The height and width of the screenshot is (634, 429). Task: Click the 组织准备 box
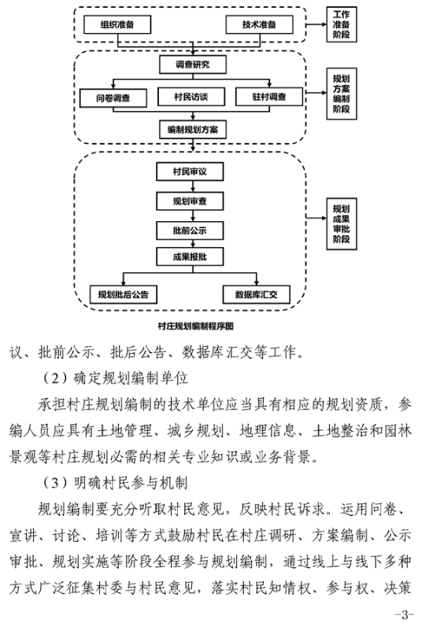point(117,24)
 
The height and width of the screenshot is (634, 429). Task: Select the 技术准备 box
point(260,24)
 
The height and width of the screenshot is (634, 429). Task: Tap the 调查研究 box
point(193,65)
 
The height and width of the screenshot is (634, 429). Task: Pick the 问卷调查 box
point(113,98)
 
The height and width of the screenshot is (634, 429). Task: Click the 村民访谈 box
point(191,97)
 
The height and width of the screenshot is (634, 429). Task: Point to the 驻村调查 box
point(269,97)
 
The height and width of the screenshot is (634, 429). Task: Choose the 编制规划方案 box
point(193,130)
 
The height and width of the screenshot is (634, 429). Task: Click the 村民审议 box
point(190,171)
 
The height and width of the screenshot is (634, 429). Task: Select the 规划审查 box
point(190,201)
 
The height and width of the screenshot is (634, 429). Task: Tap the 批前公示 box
point(190,230)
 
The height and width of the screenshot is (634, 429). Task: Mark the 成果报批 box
point(190,256)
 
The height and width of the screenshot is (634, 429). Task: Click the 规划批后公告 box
point(124,294)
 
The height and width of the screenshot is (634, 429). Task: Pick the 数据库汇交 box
point(257,294)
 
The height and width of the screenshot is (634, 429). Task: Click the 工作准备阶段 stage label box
point(342,24)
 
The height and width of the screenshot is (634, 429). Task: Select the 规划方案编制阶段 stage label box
point(342,94)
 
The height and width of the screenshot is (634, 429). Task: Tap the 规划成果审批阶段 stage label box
point(342,224)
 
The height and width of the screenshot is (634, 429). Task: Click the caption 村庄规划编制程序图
point(196,326)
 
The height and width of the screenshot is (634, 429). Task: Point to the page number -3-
point(405,615)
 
